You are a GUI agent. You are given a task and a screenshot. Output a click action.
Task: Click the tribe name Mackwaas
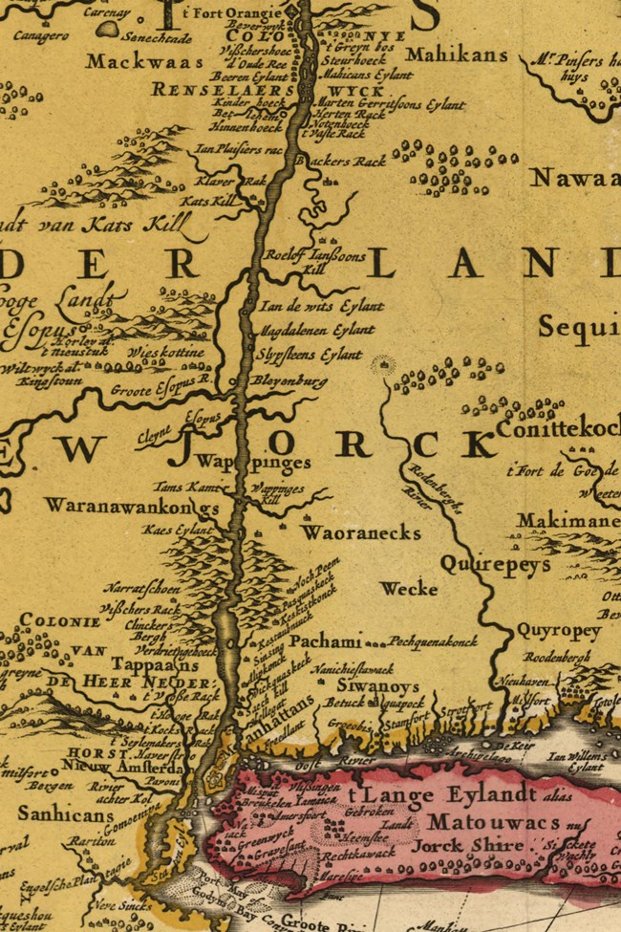(x=144, y=62)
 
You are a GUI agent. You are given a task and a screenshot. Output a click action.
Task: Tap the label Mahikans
(x=456, y=54)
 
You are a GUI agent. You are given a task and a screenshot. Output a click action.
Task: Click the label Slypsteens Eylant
(x=310, y=354)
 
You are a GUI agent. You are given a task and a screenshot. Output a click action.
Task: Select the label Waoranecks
(x=361, y=532)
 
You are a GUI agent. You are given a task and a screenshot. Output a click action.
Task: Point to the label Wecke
(x=408, y=589)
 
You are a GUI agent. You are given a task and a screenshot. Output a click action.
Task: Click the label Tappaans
(x=144, y=664)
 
